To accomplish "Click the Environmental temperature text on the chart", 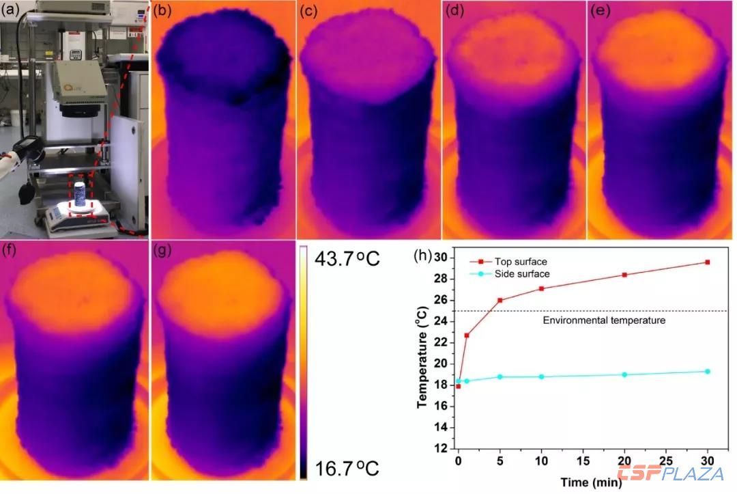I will pos(603,320).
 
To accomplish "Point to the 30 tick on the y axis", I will pos(444,258).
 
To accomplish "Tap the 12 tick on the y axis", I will pos(444,448).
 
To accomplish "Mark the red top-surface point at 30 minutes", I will pos(708,262).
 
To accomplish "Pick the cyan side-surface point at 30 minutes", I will pos(708,371).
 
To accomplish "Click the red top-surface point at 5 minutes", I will pos(500,300).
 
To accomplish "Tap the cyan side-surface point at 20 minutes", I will pos(624,374).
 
